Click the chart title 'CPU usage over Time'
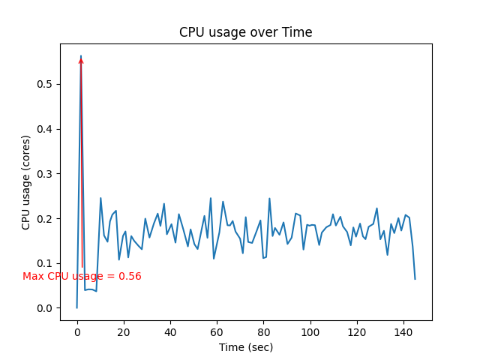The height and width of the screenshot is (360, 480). pos(245,32)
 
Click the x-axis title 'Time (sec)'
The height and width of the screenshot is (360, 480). pos(245,347)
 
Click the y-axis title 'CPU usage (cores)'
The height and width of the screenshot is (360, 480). pos(26,182)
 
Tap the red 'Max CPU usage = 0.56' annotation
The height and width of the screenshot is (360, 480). pos(82,277)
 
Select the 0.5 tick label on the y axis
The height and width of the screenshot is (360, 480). pos(45,84)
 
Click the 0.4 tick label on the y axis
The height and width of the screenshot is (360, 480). pos(45,129)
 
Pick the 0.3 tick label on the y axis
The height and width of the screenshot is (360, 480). pos(45,174)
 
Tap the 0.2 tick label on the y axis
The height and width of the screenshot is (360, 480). pos(45,219)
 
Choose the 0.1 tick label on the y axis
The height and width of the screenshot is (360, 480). pos(45,263)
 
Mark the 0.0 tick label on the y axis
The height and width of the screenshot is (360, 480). pos(45,308)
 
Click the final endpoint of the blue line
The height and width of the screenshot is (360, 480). pos(415,279)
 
